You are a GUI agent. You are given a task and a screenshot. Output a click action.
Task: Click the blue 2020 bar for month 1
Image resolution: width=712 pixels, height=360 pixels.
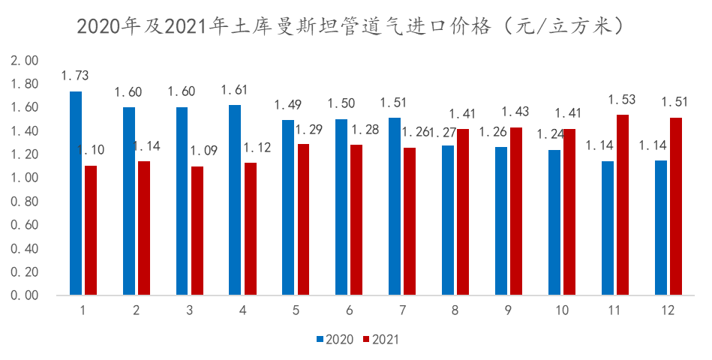click(76, 193)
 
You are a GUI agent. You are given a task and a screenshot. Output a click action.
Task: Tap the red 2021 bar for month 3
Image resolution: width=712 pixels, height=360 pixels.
click(197, 231)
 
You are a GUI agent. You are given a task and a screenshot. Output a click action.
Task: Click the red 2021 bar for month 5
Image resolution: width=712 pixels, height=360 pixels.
click(303, 219)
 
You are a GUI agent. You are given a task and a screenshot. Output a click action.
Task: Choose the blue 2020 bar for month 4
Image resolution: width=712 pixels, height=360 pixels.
click(236, 200)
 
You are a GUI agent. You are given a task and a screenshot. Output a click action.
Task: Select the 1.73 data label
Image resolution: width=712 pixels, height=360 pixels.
click(75, 76)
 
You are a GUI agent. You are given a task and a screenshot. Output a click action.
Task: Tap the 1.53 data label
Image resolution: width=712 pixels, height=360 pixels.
click(622, 99)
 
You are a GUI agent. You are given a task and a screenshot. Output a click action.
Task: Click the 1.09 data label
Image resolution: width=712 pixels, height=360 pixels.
click(203, 151)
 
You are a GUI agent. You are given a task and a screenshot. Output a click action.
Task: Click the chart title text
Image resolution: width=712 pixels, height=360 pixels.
click(350, 27)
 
